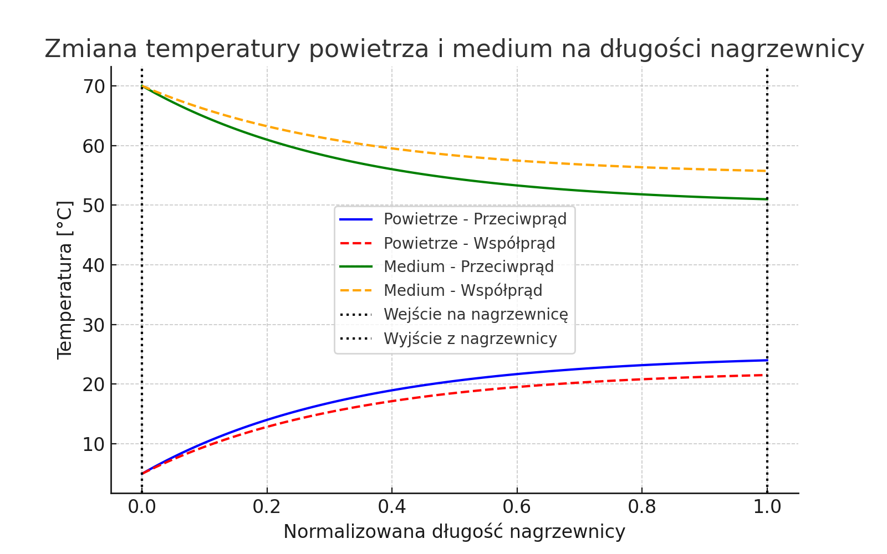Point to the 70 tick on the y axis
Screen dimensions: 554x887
tap(93, 86)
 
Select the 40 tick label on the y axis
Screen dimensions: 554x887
tap(93, 265)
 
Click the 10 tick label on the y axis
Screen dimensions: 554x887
tap(93, 444)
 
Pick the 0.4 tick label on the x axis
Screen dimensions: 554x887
tap(391, 506)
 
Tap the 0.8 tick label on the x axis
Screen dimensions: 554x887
tap(642, 506)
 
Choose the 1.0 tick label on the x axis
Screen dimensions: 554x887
tap(767, 506)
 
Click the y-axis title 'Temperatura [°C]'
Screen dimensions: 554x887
tap(65, 280)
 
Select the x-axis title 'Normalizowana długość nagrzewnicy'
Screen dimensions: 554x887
tap(454, 532)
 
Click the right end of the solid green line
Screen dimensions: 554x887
tap(767, 199)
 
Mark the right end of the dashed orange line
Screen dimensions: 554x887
tap(767, 171)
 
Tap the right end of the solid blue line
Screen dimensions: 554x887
tap(767, 360)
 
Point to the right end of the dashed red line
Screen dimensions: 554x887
tap(767, 375)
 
